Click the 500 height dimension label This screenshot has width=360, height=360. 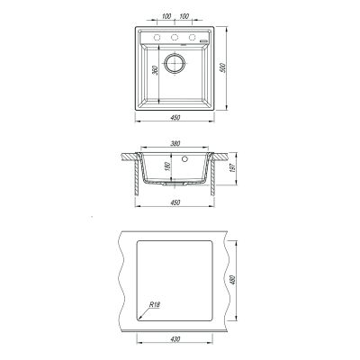[222, 68]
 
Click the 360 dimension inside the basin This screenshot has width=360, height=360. [155, 70]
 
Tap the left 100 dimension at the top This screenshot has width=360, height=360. [166, 16]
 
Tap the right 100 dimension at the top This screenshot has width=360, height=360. [184, 16]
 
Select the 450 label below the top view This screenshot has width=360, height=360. [175, 118]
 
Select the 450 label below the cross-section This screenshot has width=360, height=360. [175, 202]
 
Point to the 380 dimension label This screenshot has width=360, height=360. [175, 144]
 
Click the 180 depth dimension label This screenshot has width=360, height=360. [167, 166]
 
